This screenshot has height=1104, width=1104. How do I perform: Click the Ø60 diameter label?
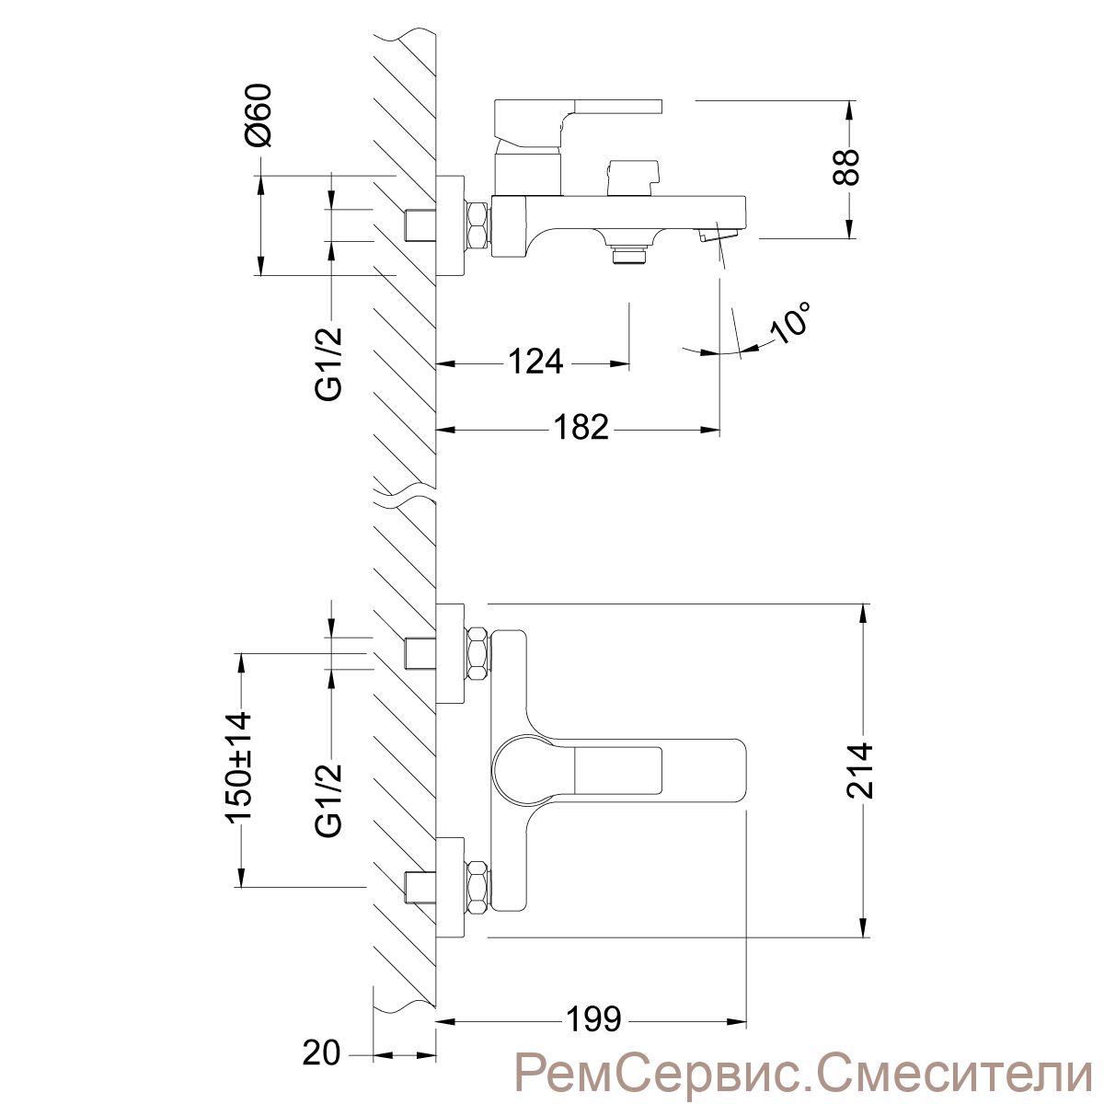(x=258, y=115)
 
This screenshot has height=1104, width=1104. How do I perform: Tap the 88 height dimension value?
(x=845, y=167)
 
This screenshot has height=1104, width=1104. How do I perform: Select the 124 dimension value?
(x=535, y=362)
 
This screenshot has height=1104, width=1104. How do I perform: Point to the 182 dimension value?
(x=581, y=428)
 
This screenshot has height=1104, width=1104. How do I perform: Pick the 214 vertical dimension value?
(x=859, y=771)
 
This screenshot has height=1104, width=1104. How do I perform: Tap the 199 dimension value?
(x=593, y=1019)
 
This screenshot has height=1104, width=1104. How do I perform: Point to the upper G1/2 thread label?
(x=328, y=363)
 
